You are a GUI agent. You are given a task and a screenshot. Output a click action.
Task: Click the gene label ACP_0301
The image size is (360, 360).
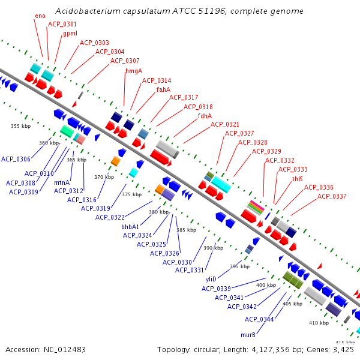(62, 24)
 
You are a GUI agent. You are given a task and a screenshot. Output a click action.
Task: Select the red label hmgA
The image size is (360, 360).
(134, 71)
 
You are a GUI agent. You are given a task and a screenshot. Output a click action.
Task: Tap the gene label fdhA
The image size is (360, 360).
(205, 116)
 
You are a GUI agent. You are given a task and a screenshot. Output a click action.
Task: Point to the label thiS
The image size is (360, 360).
(298, 179)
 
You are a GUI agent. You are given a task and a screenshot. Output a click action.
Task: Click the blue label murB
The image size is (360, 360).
(248, 335)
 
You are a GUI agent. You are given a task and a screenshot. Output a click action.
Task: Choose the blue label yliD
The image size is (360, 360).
(211, 280)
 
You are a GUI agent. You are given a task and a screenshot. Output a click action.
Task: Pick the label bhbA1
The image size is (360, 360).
(130, 227)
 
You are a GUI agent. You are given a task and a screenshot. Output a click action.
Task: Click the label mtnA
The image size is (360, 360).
(62, 182)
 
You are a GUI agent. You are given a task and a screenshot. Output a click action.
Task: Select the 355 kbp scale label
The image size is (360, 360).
(20, 126)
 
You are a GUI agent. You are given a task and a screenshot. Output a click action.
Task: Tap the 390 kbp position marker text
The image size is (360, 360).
(213, 248)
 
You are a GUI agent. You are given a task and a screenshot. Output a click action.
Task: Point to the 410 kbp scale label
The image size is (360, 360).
(319, 323)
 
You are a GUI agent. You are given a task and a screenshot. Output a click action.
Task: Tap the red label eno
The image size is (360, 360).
(40, 16)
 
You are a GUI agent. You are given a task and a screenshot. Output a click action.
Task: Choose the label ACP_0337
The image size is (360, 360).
(332, 196)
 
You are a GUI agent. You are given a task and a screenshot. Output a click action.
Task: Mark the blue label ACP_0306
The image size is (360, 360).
(16, 159)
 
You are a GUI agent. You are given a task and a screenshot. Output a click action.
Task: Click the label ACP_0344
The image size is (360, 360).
(259, 319)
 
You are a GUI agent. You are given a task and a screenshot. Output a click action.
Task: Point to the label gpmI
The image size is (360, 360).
(70, 34)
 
